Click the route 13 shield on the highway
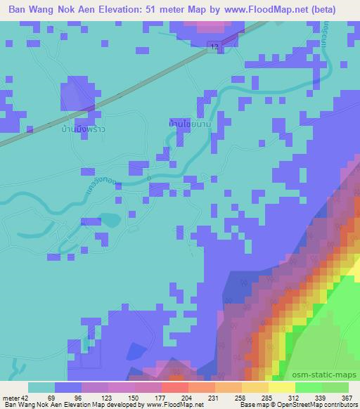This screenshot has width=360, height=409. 212,46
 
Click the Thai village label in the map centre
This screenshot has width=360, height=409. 191,124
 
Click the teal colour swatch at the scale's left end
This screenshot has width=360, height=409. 41,387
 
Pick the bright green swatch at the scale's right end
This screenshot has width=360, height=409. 335,387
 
